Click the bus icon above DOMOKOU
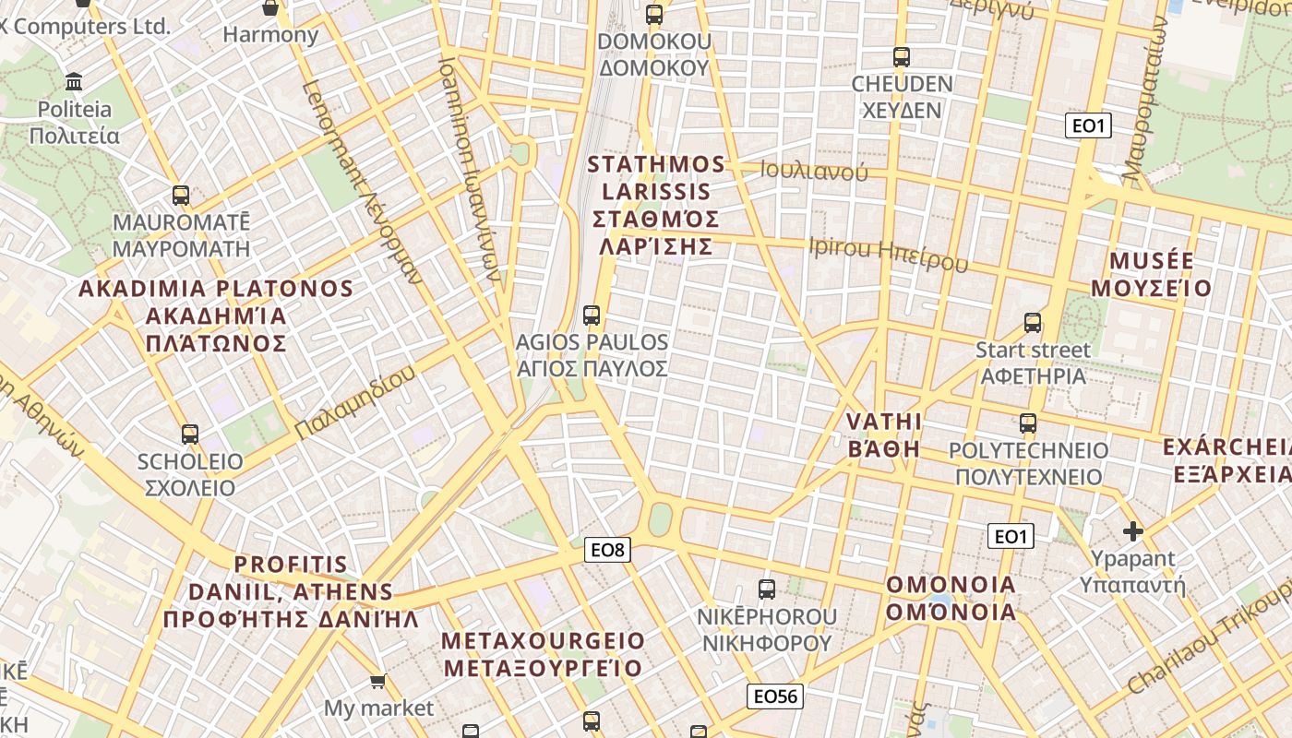point(654,14)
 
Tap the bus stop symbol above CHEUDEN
point(902,56)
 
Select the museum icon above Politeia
point(75,81)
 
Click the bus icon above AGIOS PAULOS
point(592,315)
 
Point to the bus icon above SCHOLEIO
point(190,434)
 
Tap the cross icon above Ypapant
point(1133,531)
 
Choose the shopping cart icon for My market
point(377,682)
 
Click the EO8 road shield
point(607,551)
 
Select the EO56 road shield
point(774,696)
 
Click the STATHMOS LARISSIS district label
point(656,205)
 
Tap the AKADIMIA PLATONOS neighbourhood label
point(216,315)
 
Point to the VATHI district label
point(884,435)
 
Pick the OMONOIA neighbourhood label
point(951,598)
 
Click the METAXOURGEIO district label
point(544,654)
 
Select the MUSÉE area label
point(1152,274)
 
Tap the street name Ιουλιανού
point(814,171)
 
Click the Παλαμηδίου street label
point(355,402)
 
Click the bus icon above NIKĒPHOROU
point(766,589)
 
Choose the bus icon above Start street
point(1033,322)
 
